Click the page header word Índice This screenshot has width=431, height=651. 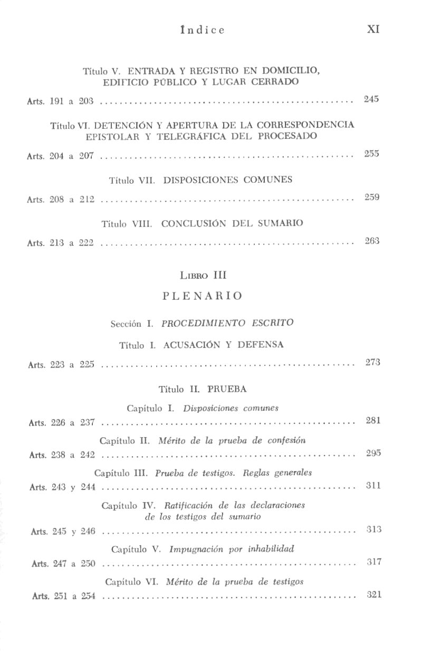tap(202, 30)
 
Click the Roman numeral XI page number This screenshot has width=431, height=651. tap(373, 30)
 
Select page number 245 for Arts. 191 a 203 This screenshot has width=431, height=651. tap(371, 99)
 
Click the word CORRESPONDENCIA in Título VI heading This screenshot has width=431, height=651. tap(311, 125)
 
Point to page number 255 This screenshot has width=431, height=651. tap(371, 154)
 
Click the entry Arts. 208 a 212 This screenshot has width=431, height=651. tap(61, 200)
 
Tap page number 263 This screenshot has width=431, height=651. tap(372, 241)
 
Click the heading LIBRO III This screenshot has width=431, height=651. tap(203, 275)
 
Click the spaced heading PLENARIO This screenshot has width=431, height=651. tap(203, 296)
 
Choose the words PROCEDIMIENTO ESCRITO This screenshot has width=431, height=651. tap(227, 323)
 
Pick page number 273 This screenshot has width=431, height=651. tap(372, 362)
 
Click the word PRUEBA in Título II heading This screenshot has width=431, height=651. tap(227, 389)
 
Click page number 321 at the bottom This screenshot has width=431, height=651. tap(373, 595)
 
